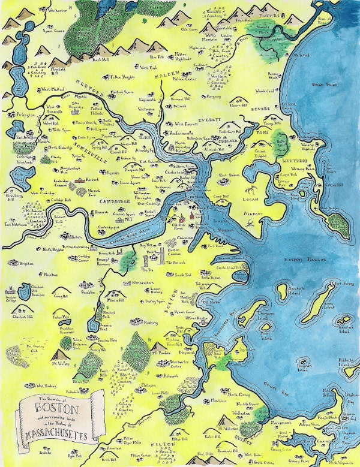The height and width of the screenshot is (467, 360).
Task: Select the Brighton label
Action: (x=26, y=263)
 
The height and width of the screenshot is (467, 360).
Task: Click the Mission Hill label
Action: (x=116, y=299)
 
